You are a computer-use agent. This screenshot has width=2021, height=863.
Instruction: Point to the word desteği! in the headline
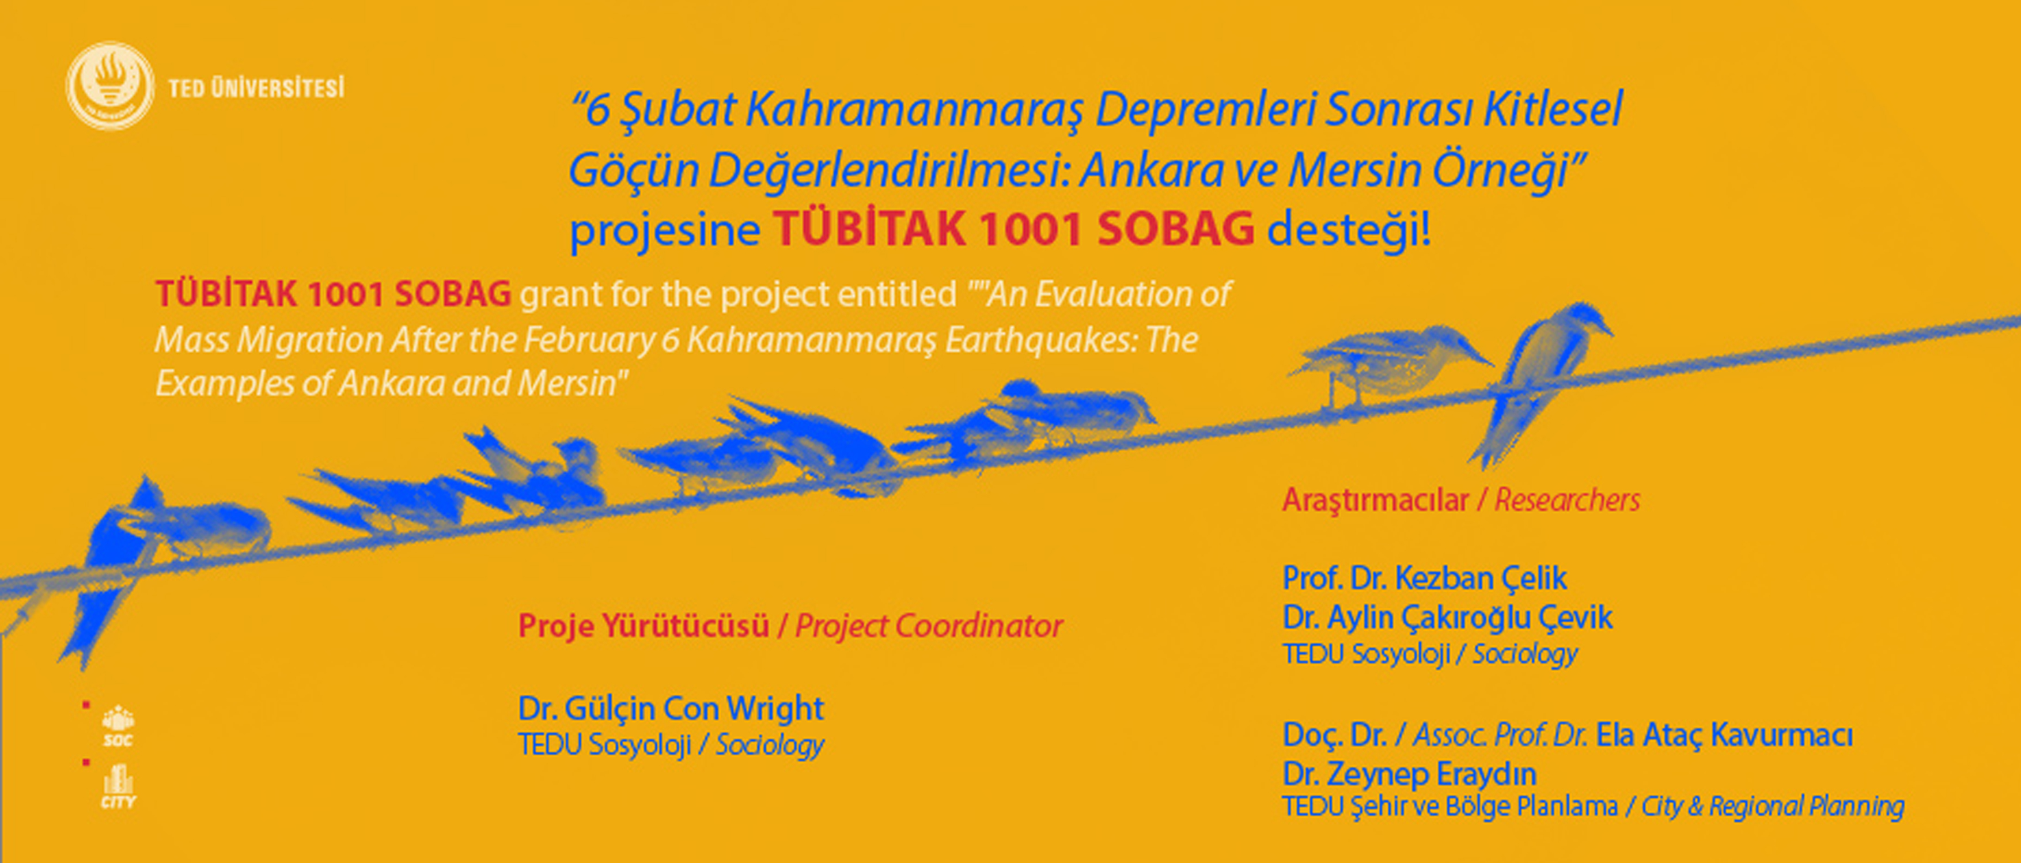(x=1349, y=229)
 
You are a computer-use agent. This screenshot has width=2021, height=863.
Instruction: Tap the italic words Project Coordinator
(x=929, y=626)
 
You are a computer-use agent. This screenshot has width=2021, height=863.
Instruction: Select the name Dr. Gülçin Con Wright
(x=671, y=709)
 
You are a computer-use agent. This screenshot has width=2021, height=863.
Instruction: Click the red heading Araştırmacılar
(x=1375, y=499)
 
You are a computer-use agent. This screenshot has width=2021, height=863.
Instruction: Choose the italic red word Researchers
(x=1567, y=499)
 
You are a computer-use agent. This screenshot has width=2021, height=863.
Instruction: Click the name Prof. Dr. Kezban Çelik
(x=1425, y=578)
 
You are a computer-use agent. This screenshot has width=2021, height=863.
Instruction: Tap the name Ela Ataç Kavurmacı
(x=1724, y=735)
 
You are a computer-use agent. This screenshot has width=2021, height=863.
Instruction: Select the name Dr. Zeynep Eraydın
(x=1409, y=774)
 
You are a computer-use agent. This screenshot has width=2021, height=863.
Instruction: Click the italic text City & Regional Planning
(x=1772, y=806)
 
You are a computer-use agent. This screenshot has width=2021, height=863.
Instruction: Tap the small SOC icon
(x=119, y=726)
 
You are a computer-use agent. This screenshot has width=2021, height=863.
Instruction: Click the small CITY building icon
(x=119, y=787)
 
